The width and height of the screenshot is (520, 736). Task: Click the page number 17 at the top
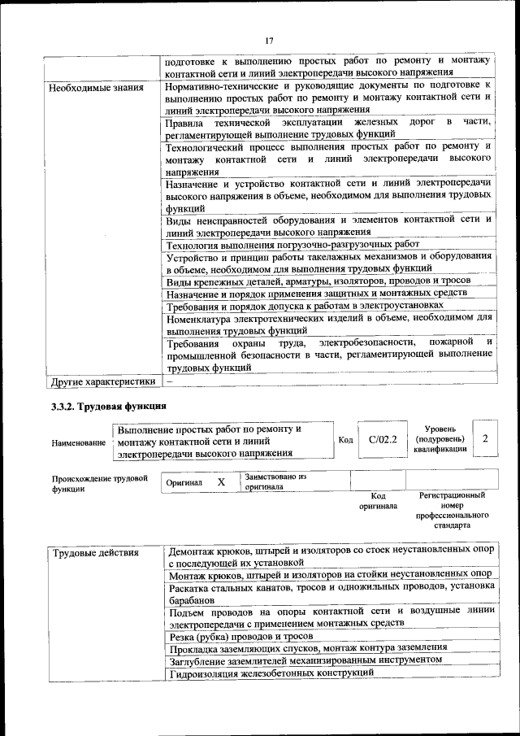(x=268, y=41)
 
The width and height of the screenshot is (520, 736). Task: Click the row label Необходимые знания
(x=96, y=88)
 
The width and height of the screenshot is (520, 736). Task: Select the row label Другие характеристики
(x=102, y=380)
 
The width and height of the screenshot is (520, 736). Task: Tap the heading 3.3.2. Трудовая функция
(x=109, y=406)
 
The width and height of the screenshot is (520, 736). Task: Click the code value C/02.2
(x=382, y=439)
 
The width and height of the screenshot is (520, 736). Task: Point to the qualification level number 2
(x=485, y=439)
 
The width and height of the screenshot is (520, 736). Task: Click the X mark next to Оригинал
(x=221, y=482)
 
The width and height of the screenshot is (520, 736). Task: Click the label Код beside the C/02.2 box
(x=345, y=440)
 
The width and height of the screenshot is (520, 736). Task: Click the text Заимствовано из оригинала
(x=275, y=482)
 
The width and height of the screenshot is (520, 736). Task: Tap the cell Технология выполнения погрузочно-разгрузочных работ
(x=292, y=244)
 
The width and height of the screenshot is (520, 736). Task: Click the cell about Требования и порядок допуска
(x=305, y=305)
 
